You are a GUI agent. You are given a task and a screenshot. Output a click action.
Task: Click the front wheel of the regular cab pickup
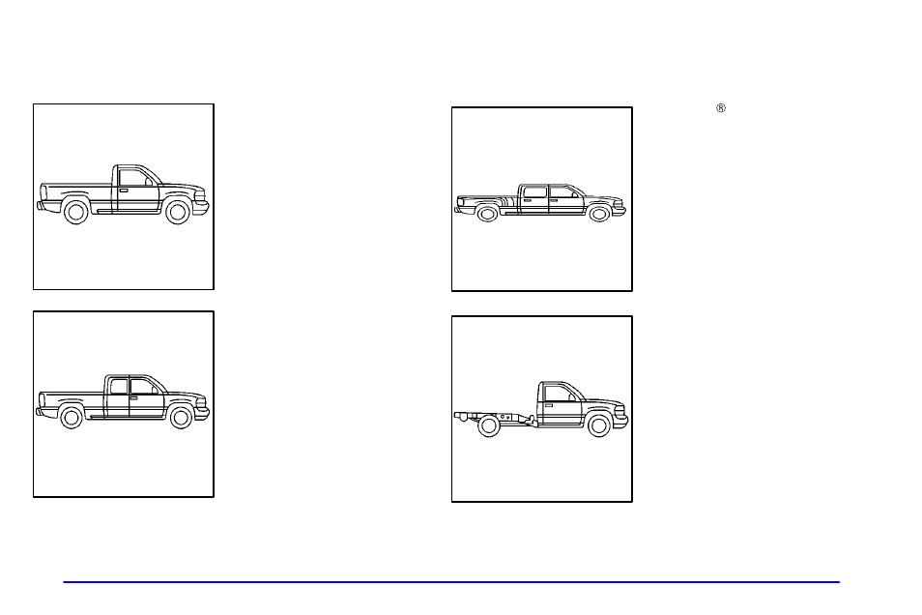176,212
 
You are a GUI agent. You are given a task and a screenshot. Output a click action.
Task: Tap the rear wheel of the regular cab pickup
76,212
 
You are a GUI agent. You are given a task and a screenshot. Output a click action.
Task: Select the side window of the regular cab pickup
131,178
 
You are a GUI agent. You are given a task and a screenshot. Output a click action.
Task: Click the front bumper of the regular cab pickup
202,207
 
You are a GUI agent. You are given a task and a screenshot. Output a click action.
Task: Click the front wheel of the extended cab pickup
181,418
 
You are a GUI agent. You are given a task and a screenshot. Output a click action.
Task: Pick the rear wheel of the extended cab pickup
71,418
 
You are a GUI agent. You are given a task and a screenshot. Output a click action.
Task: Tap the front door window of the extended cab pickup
142,386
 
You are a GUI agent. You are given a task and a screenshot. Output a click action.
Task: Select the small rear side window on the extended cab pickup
119,386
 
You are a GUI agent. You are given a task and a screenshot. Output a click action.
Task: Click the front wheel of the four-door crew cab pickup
599,214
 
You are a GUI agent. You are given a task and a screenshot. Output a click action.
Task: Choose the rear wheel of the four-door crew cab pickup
487,214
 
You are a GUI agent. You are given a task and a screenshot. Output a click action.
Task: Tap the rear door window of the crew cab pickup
534,192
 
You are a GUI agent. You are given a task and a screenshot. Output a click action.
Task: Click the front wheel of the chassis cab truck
599,425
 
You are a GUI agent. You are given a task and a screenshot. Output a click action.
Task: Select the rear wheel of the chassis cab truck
489,425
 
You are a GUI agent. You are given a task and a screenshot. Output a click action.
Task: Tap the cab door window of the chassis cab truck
560,392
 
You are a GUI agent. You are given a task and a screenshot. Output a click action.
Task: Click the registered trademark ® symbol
720,108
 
